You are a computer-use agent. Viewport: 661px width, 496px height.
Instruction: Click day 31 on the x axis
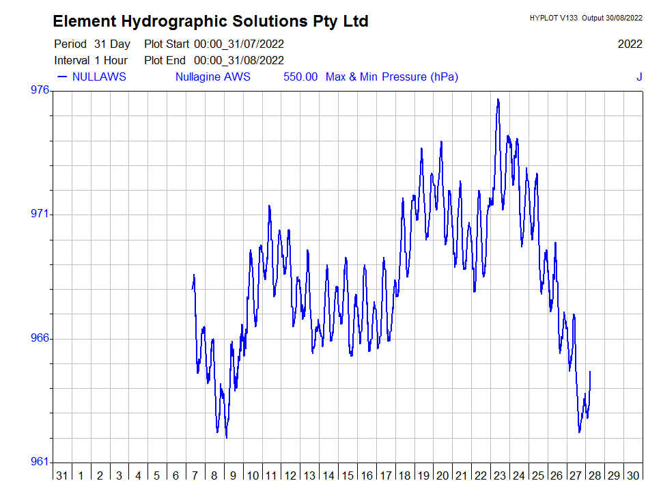pyautogui.click(x=62, y=476)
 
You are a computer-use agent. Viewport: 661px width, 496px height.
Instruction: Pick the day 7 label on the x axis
pyautogui.click(x=195, y=476)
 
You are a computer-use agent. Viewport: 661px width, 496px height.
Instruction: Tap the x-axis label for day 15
pyautogui.click(x=348, y=476)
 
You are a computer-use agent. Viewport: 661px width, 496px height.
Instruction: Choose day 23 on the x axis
pyautogui.click(x=500, y=476)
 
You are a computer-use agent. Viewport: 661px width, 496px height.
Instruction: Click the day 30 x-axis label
pyautogui.click(x=633, y=476)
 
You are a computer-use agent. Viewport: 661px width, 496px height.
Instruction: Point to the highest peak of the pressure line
pyautogui.click(x=498, y=100)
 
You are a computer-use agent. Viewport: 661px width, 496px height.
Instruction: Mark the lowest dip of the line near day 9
pyautogui.click(x=226, y=437)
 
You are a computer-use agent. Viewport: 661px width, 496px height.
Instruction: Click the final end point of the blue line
pyautogui.click(x=590, y=372)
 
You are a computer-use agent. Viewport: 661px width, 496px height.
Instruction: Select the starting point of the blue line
pyautogui.click(x=193, y=289)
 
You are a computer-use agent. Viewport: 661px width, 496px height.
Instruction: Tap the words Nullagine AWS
pyautogui.click(x=212, y=77)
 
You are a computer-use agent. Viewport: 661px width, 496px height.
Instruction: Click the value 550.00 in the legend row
pyautogui.click(x=300, y=77)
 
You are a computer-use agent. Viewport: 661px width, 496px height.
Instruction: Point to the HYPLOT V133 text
pyautogui.click(x=553, y=18)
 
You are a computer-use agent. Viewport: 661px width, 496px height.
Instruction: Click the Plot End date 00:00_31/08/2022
pyautogui.click(x=239, y=60)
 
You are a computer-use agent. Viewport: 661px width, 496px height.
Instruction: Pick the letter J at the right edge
pyautogui.click(x=639, y=77)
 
